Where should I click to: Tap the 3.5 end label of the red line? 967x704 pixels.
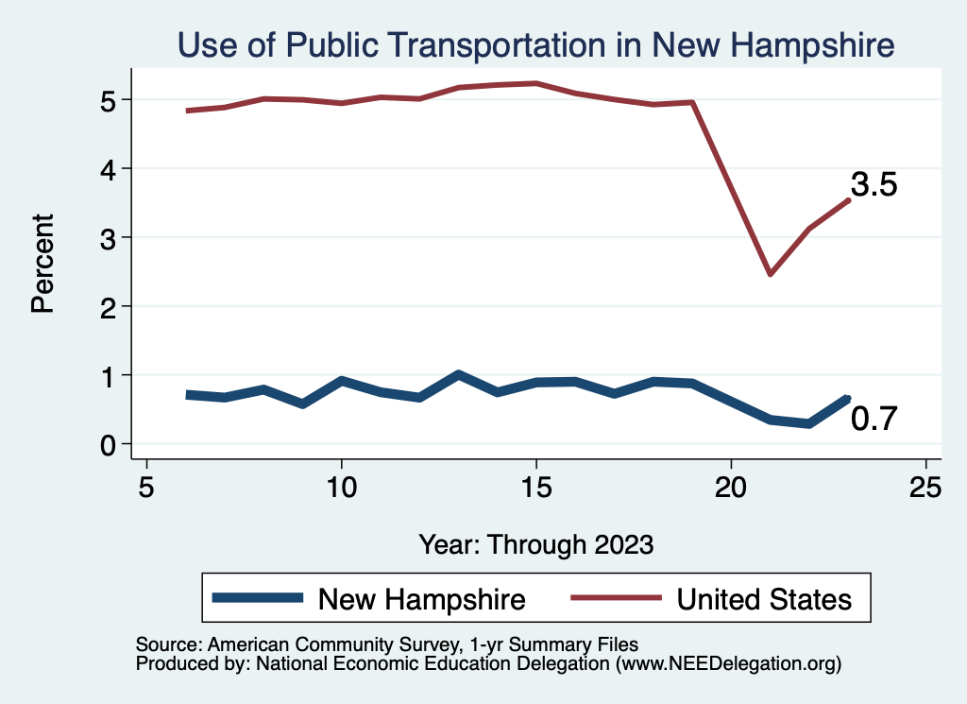tap(874, 184)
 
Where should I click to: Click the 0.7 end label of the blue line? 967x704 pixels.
tap(874, 418)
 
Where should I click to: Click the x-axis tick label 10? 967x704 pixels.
tap(341, 487)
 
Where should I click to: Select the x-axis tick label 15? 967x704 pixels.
tap(536, 487)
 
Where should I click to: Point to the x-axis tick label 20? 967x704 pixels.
tap(731, 487)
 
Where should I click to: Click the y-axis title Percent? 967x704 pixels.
tap(42, 263)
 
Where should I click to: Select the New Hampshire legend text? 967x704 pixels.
tap(421, 598)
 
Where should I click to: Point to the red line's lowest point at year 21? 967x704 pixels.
tap(771, 274)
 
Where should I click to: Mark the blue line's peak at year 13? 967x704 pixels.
tap(458, 374)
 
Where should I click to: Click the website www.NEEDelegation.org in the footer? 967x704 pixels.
tap(728, 664)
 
